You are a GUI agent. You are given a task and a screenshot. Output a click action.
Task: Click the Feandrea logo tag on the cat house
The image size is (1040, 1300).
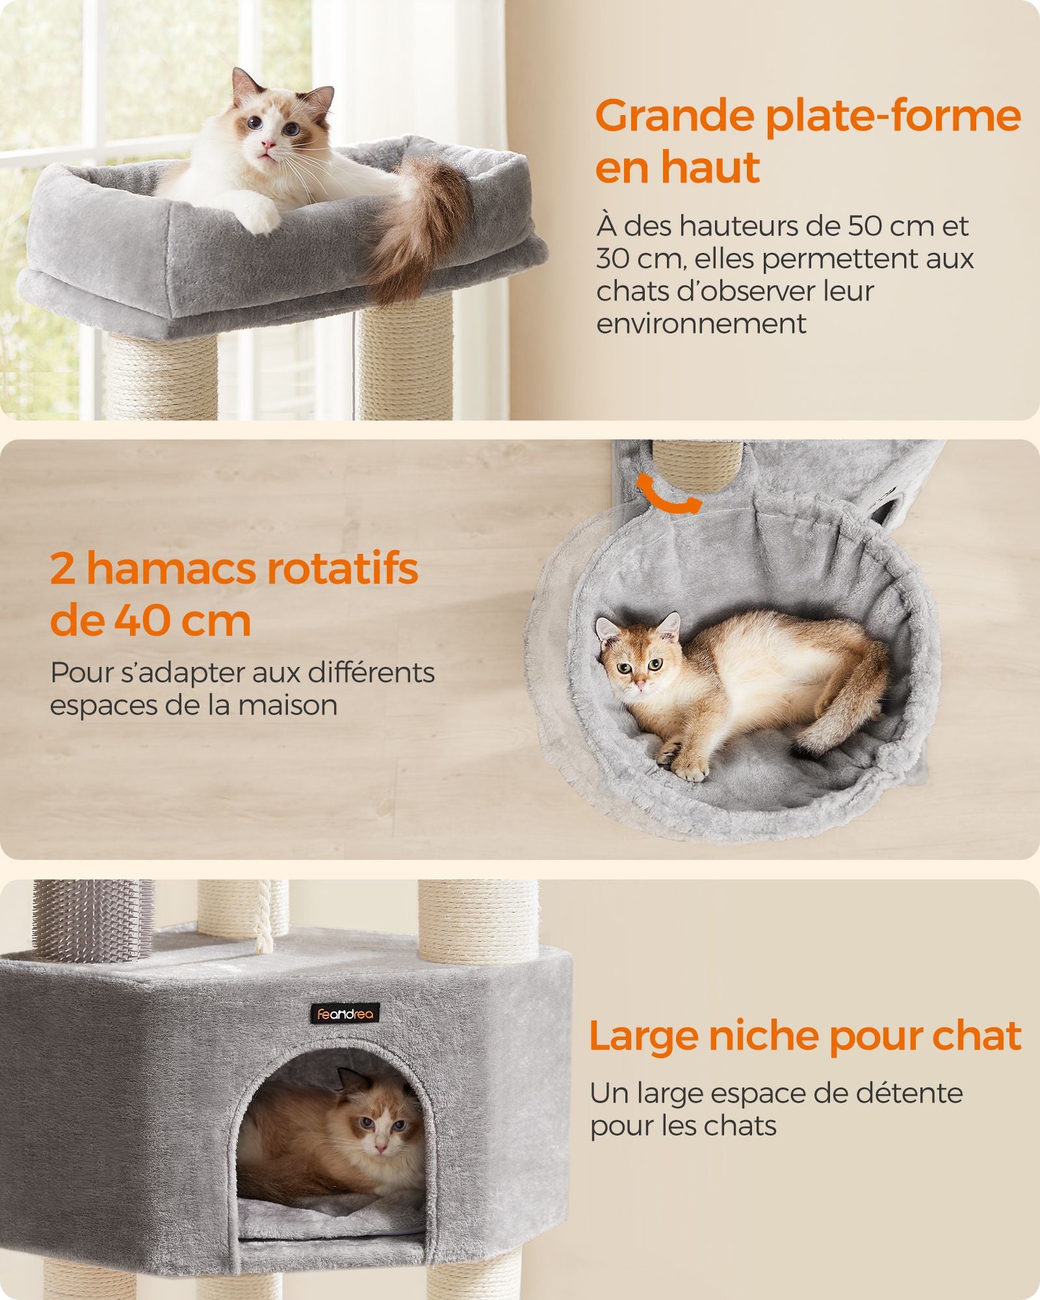pyautogui.click(x=344, y=1013)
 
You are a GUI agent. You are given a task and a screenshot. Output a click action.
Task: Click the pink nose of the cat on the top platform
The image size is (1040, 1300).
pyautogui.click(x=266, y=144)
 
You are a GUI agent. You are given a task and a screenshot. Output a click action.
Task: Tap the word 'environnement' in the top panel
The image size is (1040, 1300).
pyautogui.click(x=701, y=323)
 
